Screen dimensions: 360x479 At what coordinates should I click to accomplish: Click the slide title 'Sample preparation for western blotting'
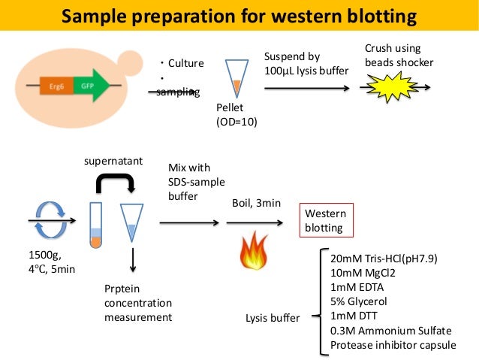[239, 15]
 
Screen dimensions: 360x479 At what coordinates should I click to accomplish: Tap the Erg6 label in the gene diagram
[56, 86]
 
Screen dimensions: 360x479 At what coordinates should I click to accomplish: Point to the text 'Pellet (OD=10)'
[236, 114]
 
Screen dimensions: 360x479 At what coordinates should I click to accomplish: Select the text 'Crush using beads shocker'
[399, 55]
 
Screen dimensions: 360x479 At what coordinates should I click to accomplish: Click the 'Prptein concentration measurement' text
[138, 303]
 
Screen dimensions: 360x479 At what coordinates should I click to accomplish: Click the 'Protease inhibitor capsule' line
[394, 346]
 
